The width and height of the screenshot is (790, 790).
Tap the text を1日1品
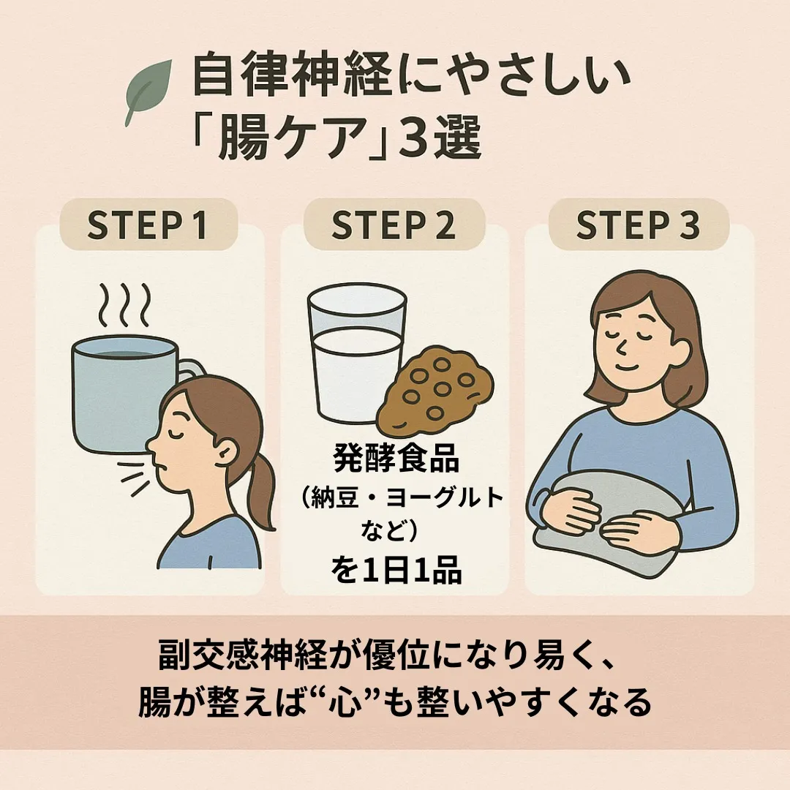pos(396,571)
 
